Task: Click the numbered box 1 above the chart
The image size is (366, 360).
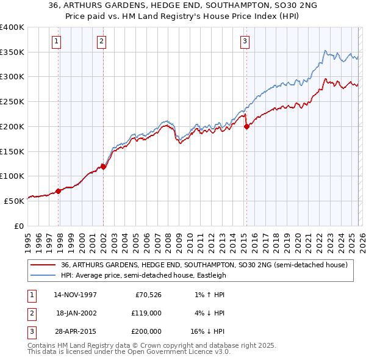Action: point(56,41)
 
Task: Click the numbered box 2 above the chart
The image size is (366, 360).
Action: point(101,41)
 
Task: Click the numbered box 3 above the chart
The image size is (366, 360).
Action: point(244,41)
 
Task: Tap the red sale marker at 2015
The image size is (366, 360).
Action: point(246,127)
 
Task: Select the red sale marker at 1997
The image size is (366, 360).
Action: point(59,191)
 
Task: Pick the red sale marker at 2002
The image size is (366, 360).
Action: point(103,167)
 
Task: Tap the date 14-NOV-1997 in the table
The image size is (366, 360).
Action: point(75,295)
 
